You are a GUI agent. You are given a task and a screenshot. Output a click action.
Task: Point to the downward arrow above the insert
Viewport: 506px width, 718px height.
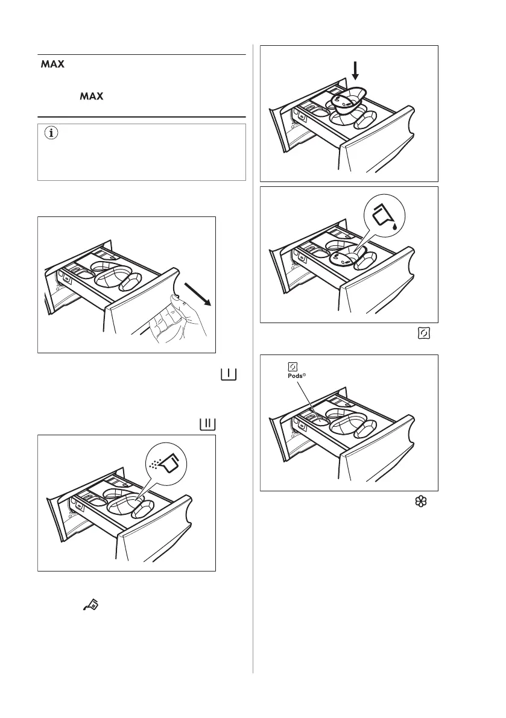[x=355, y=72]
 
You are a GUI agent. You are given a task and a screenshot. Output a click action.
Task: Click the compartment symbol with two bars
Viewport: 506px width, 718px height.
[x=206, y=424]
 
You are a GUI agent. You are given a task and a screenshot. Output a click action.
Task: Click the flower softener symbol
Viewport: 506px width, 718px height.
[x=422, y=500]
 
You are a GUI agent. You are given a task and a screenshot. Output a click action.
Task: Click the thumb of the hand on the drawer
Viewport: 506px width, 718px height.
[x=174, y=298]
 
